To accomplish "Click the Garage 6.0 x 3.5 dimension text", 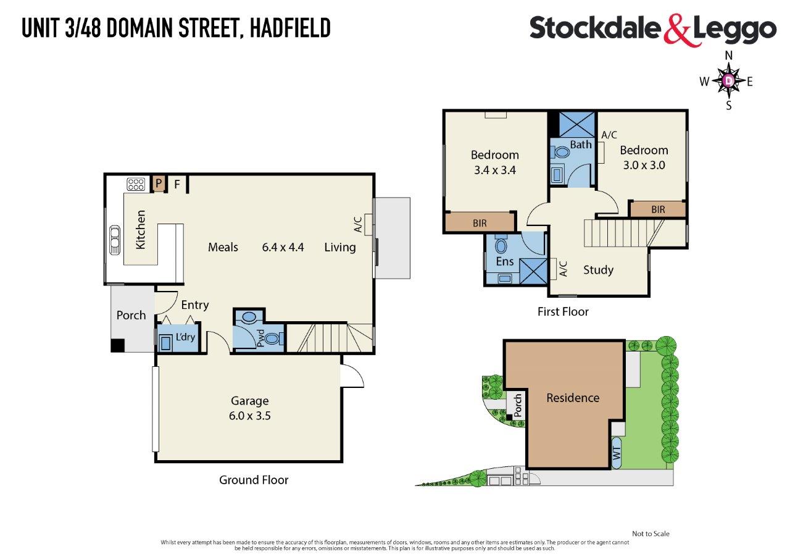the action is pyautogui.click(x=250, y=415).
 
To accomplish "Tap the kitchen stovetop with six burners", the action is pyautogui.click(x=136, y=184).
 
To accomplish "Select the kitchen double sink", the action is pyautogui.click(x=115, y=240).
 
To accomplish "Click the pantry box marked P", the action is pyautogui.click(x=159, y=183).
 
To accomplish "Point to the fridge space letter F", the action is pyautogui.click(x=177, y=184).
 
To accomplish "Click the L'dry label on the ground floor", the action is pyautogui.click(x=185, y=337).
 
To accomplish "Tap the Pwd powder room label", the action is pyautogui.click(x=260, y=338).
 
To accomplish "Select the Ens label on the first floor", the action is pyautogui.click(x=505, y=261).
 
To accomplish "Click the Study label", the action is pyautogui.click(x=598, y=270).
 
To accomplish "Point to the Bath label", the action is pyautogui.click(x=581, y=145).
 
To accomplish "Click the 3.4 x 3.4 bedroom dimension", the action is pyautogui.click(x=495, y=170).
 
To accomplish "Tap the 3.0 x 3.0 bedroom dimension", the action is pyautogui.click(x=644, y=165).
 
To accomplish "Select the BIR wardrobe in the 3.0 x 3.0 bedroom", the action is pyautogui.click(x=658, y=209).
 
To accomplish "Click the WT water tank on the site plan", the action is pyautogui.click(x=617, y=453).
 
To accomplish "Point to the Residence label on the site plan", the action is pyautogui.click(x=573, y=398).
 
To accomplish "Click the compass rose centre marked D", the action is pyautogui.click(x=729, y=81).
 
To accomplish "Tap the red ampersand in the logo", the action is pyautogui.click(x=677, y=30).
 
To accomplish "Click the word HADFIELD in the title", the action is pyautogui.click(x=290, y=28).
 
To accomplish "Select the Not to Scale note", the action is pyautogui.click(x=651, y=534).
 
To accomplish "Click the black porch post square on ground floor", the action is pyautogui.click(x=117, y=345).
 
